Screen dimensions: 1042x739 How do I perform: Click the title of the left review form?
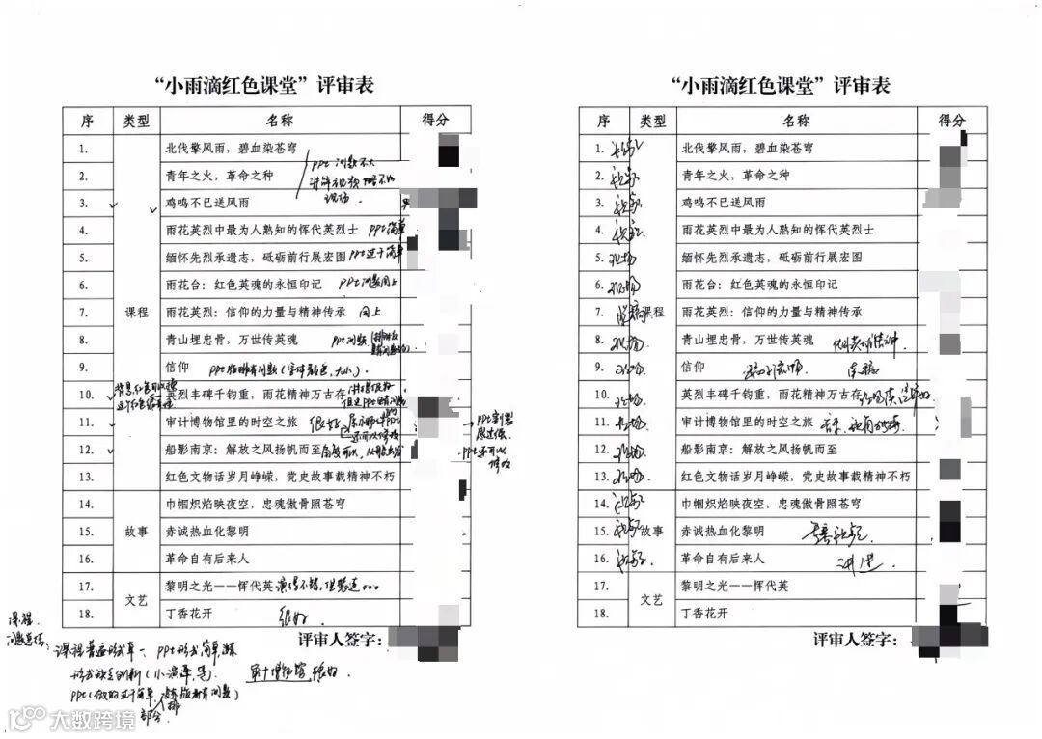tap(264, 85)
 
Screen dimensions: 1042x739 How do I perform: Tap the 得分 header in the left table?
tap(436, 120)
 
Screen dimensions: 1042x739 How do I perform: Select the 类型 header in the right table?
tap(652, 121)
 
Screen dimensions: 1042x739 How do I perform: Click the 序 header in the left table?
tap(87, 121)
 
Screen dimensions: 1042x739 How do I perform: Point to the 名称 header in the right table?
tap(796, 121)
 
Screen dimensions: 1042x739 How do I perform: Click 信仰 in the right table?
tap(694, 368)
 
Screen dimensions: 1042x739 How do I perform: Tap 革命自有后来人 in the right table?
tap(723, 559)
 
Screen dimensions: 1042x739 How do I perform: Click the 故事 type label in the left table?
tap(136, 531)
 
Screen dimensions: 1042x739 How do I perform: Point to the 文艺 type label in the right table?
tap(652, 599)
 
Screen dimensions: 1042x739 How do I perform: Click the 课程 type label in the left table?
tap(136, 313)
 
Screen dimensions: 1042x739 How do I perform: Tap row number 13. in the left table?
tap(84, 477)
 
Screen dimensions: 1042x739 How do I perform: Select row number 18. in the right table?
tap(599, 614)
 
